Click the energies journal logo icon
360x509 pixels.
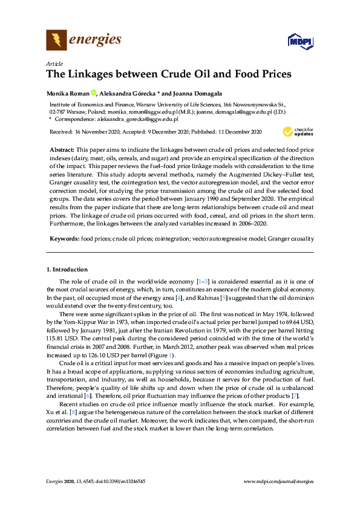(57, 41)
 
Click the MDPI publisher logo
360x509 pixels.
(299, 42)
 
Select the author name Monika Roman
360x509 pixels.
(68, 93)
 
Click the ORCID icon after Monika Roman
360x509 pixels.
(94, 93)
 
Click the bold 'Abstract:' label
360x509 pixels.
(62, 149)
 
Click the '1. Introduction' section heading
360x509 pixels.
(67, 269)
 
